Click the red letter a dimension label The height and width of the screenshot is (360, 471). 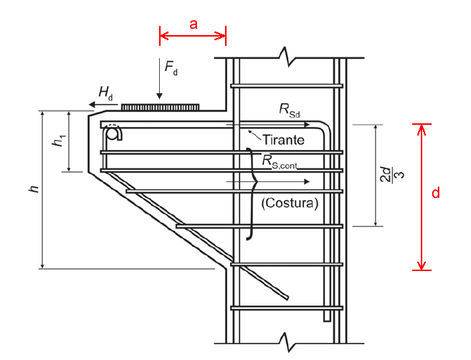click(x=193, y=23)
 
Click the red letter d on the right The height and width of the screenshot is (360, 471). click(x=435, y=193)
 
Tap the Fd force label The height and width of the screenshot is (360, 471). click(x=171, y=67)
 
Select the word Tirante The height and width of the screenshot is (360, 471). click(x=283, y=138)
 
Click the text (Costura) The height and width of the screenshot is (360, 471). click(x=290, y=202)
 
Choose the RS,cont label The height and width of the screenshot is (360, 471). click(x=280, y=161)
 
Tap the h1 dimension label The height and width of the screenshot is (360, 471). click(x=57, y=142)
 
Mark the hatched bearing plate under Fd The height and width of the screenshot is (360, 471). click(x=160, y=107)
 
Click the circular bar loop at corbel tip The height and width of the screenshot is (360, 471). click(x=113, y=133)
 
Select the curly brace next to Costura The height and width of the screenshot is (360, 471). click(x=250, y=193)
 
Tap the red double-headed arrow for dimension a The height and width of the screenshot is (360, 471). click(x=192, y=34)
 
